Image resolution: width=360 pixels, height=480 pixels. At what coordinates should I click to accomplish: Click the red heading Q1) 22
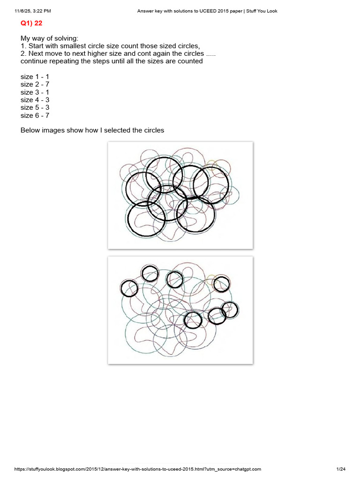pos(31,23)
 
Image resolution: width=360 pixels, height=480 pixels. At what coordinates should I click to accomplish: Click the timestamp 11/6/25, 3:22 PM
pos(33,11)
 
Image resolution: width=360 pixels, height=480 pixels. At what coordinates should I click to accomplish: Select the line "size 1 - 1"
pos(35,77)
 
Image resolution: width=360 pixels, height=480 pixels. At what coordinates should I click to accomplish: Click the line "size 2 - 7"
pos(35,84)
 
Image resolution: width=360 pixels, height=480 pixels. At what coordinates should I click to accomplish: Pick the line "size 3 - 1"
pos(35,92)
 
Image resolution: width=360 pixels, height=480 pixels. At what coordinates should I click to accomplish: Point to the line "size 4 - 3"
pos(35,100)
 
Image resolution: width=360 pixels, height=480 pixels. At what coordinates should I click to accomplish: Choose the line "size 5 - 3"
pos(35,107)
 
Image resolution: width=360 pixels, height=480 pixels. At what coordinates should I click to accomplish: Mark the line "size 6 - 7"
pos(35,115)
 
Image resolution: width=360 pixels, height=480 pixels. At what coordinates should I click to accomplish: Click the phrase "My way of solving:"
pos(50,38)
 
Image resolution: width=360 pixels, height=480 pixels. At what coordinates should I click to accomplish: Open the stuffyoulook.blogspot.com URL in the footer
pos(138,469)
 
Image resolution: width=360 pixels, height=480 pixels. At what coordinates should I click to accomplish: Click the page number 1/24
pos(341,469)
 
